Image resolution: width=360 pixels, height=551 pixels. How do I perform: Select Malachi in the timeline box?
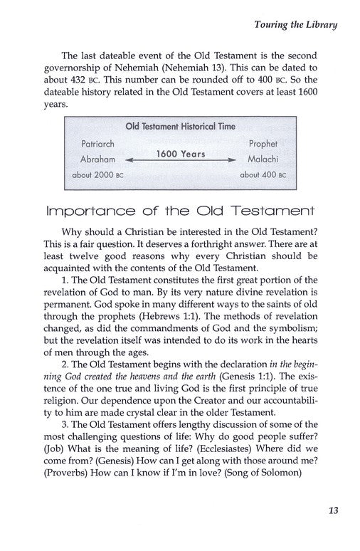[x=261, y=159]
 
